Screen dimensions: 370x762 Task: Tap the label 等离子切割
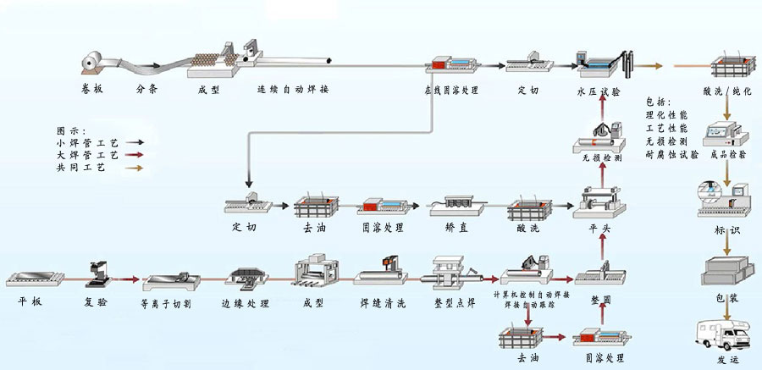[x=166, y=301]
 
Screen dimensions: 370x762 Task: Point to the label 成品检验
[x=727, y=155]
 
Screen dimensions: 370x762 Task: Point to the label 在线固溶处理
[x=452, y=89]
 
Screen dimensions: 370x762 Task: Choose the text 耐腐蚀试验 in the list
[x=672, y=155]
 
